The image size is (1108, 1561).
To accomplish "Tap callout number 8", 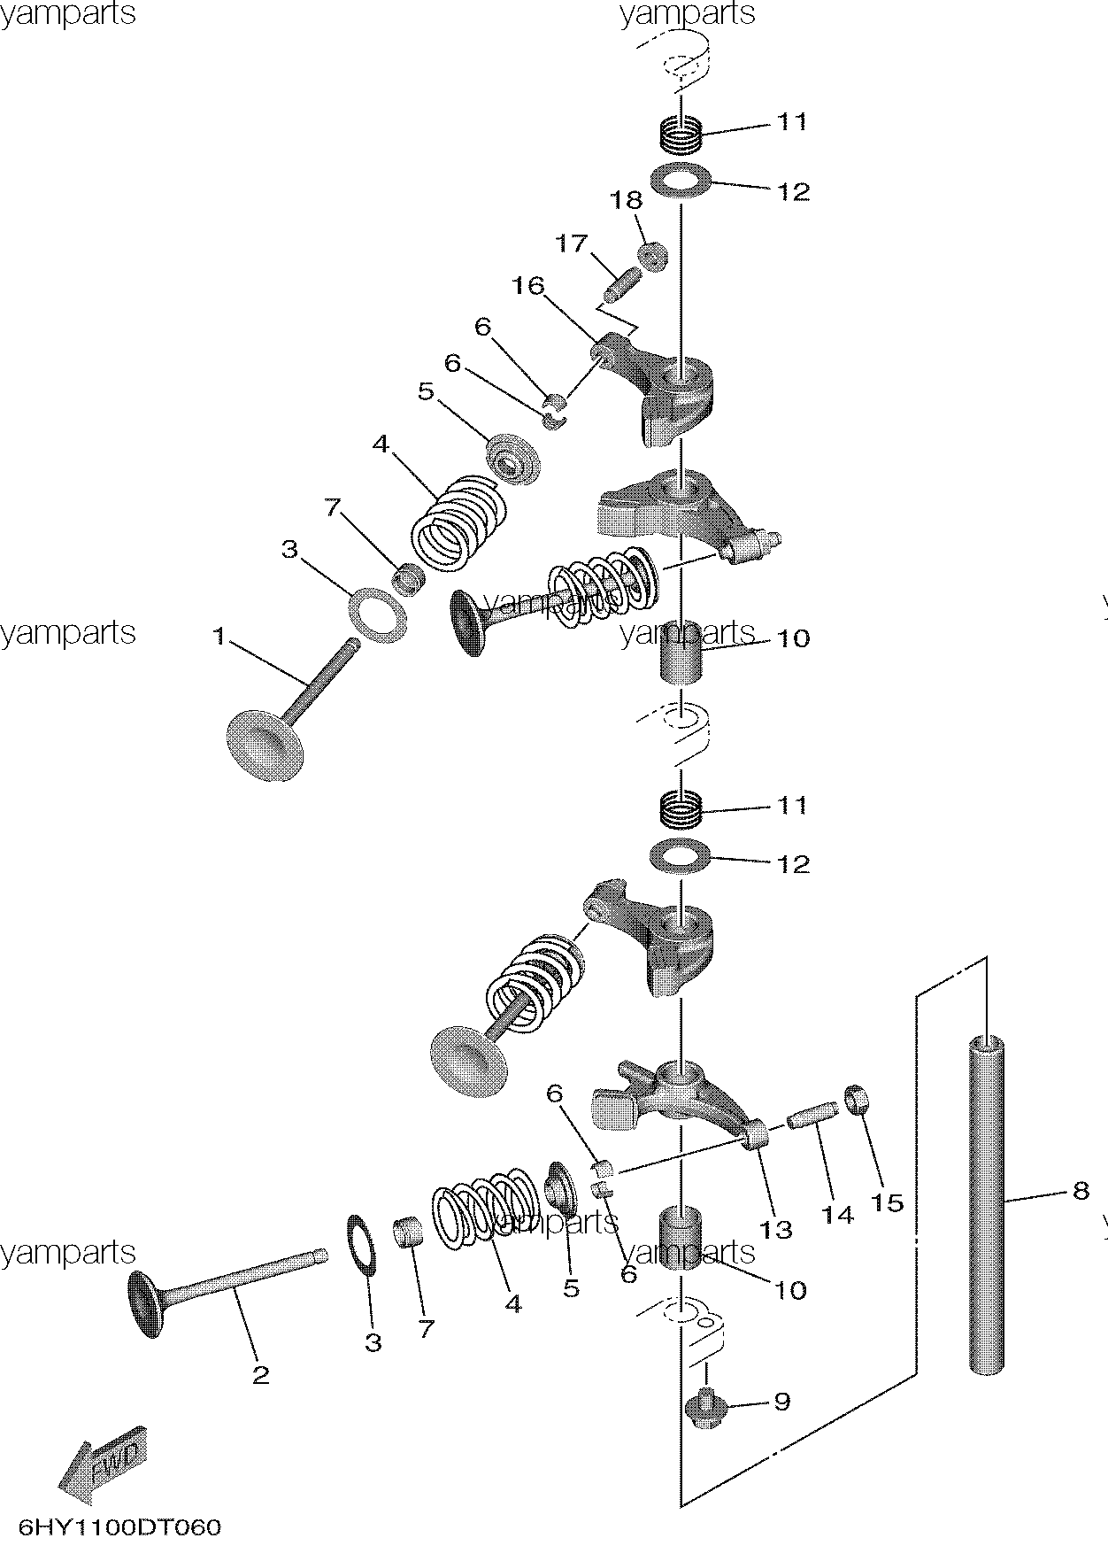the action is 1080,1191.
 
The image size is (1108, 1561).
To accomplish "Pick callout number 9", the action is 781,1402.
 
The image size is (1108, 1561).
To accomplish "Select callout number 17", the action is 572,242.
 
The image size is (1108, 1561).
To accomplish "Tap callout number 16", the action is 527,285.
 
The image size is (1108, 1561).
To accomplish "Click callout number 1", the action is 219,636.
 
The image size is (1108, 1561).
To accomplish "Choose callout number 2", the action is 260,1375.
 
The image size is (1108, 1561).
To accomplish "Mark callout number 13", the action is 775,1229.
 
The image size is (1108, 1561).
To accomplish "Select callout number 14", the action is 837,1214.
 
